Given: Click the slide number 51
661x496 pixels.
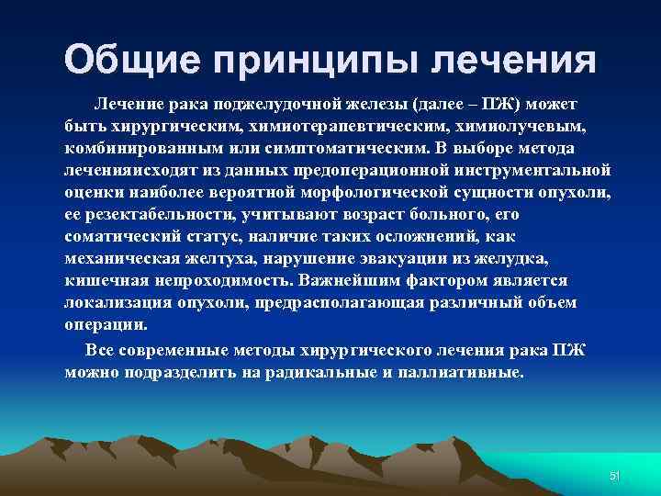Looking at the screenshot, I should (x=615, y=475).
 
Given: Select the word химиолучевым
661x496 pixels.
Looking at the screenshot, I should (x=520, y=124).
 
